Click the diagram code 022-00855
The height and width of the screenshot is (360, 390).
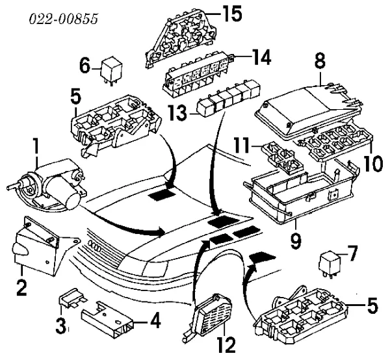coord(62,19)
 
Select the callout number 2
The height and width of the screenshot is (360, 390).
coord(21,287)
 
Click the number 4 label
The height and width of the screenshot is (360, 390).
coord(155,319)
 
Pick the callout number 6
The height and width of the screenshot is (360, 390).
coord(84,65)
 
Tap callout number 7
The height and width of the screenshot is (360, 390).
coord(353,252)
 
